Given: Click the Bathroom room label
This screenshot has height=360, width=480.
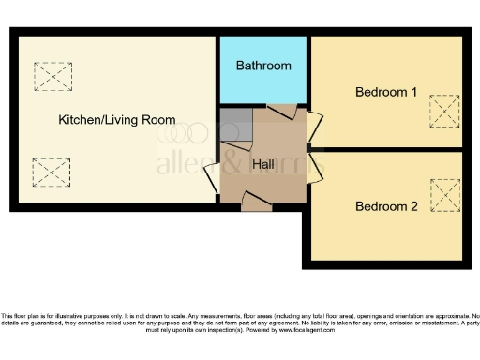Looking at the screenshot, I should (x=263, y=66).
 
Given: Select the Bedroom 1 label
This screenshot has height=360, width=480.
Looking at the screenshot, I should (x=386, y=92).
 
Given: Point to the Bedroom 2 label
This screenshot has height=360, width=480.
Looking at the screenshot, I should (x=386, y=206).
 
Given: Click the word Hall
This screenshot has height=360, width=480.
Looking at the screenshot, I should (x=264, y=164).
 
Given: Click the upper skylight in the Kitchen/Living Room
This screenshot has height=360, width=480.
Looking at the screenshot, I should (x=52, y=76).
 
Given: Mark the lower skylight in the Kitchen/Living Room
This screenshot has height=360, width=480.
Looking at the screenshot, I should (x=52, y=172).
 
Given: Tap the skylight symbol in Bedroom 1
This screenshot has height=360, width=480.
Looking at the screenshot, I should (x=444, y=111).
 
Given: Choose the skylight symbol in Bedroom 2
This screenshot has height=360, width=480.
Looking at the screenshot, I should (x=444, y=195).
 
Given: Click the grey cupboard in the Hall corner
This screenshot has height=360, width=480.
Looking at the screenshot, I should (x=234, y=124).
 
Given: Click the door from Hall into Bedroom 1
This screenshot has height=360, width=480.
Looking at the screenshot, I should (x=315, y=127).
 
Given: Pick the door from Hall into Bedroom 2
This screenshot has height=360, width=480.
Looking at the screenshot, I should (x=316, y=169).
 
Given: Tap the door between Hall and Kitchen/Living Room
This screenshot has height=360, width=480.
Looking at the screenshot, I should (x=212, y=173).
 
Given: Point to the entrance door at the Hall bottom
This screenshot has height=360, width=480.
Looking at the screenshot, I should (x=256, y=198).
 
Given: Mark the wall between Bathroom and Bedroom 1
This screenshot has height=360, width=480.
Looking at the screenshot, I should (x=309, y=70).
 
